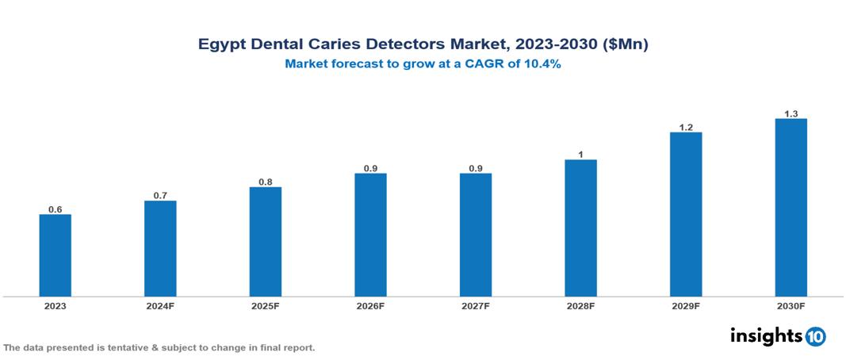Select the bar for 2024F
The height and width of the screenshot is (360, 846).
(160, 248)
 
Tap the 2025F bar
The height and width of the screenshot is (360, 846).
(266, 242)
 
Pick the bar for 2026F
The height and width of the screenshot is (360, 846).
(370, 235)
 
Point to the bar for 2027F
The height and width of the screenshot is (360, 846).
(476, 235)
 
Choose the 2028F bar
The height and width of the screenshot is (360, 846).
(580, 228)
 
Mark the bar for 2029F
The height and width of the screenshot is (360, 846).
(686, 214)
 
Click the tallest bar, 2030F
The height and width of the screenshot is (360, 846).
(790, 208)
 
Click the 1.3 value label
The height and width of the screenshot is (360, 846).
(790, 114)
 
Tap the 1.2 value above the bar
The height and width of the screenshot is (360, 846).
(686, 127)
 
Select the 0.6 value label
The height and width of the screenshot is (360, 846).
(56, 209)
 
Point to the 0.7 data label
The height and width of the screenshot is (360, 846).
(160, 196)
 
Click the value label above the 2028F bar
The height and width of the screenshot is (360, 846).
(580, 155)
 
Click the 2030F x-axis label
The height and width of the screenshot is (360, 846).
(790, 305)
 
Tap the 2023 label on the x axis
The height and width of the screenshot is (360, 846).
(56, 305)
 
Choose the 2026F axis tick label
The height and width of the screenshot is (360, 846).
(370, 305)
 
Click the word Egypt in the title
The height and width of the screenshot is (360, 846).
(220, 45)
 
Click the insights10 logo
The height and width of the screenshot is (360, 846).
(778, 335)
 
